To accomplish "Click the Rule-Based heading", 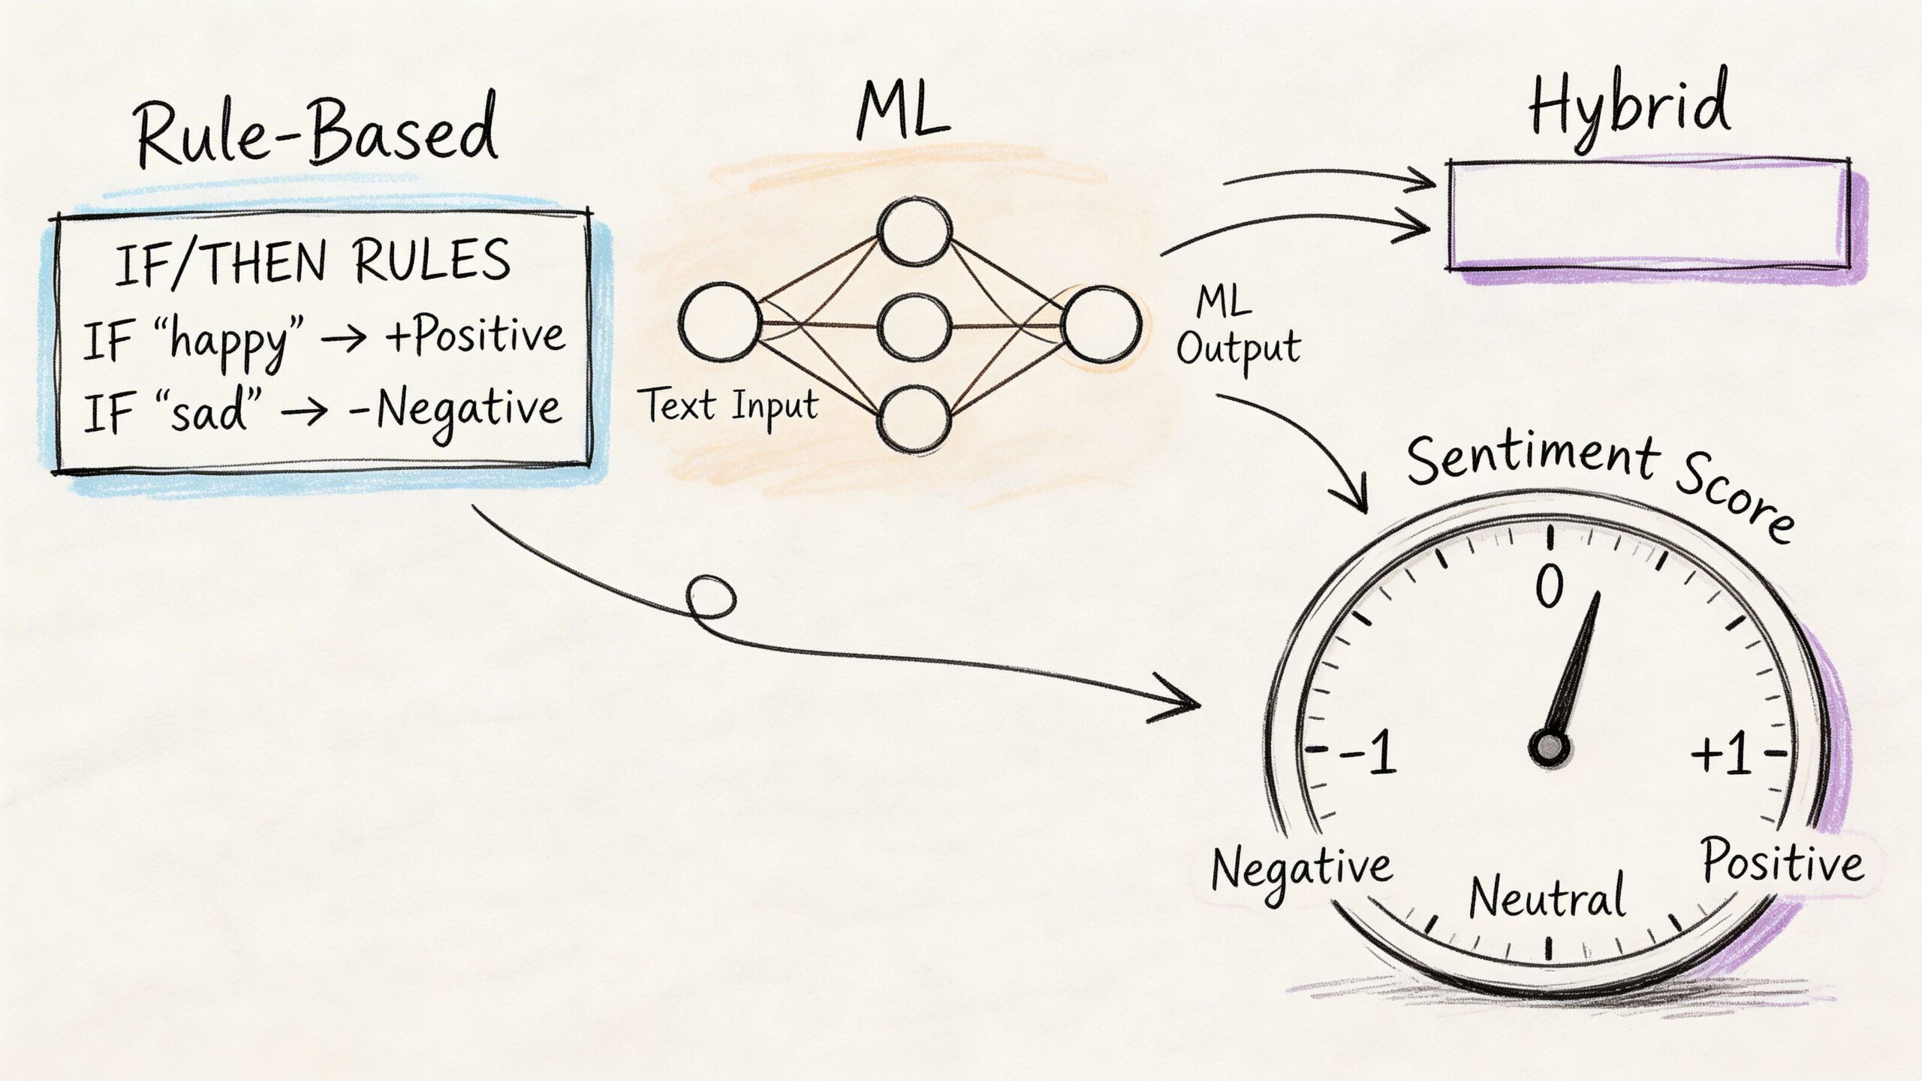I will point(315,135).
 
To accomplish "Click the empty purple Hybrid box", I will point(1648,215).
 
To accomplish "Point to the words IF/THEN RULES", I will point(312,263).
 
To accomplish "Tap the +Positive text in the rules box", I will point(474,336).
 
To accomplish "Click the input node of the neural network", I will point(719,322).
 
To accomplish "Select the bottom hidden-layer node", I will point(915,419).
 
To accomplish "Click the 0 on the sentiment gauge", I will point(1549,586).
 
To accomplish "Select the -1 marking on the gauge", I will point(1368,752).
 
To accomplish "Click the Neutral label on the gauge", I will point(1547,896).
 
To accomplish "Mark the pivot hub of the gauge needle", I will point(1549,748).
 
